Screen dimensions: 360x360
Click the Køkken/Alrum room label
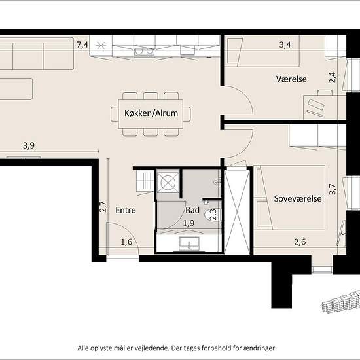[x=151, y=113]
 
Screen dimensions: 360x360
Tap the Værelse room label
[x=291, y=79]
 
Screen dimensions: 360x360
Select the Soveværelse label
[x=298, y=198]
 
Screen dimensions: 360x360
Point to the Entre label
[x=126, y=210]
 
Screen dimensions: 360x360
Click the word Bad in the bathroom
[x=192, y=210]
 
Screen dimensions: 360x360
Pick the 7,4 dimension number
[x=82, y=45]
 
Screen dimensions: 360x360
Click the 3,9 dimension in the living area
[x=29, y=145]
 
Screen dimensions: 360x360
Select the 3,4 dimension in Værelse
[x=285, y=45]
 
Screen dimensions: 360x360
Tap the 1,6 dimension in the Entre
[x=126, y=242]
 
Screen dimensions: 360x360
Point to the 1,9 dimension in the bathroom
[x=189, y=223]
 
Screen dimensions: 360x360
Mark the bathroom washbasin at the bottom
[x=189, y=243]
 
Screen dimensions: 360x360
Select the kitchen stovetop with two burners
[x=144, y=51]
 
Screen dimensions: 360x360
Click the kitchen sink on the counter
[x=188, y=50]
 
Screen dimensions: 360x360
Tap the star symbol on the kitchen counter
[x=101, y=45]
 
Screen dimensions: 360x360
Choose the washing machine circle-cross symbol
[x=168, y=183]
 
